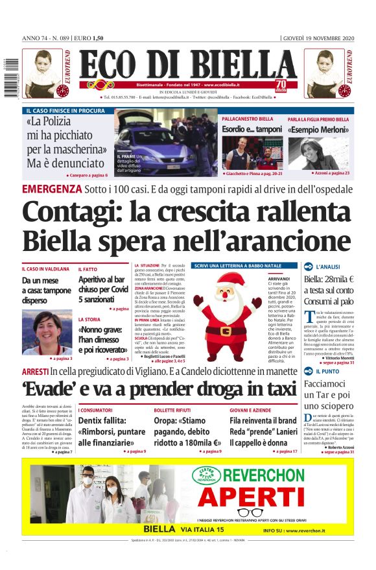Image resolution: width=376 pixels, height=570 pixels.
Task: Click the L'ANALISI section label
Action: click(329, 267)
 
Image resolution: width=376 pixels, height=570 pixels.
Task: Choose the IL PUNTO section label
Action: click(327, 372)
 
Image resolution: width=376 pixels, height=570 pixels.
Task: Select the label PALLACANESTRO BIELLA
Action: click(248, 119)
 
